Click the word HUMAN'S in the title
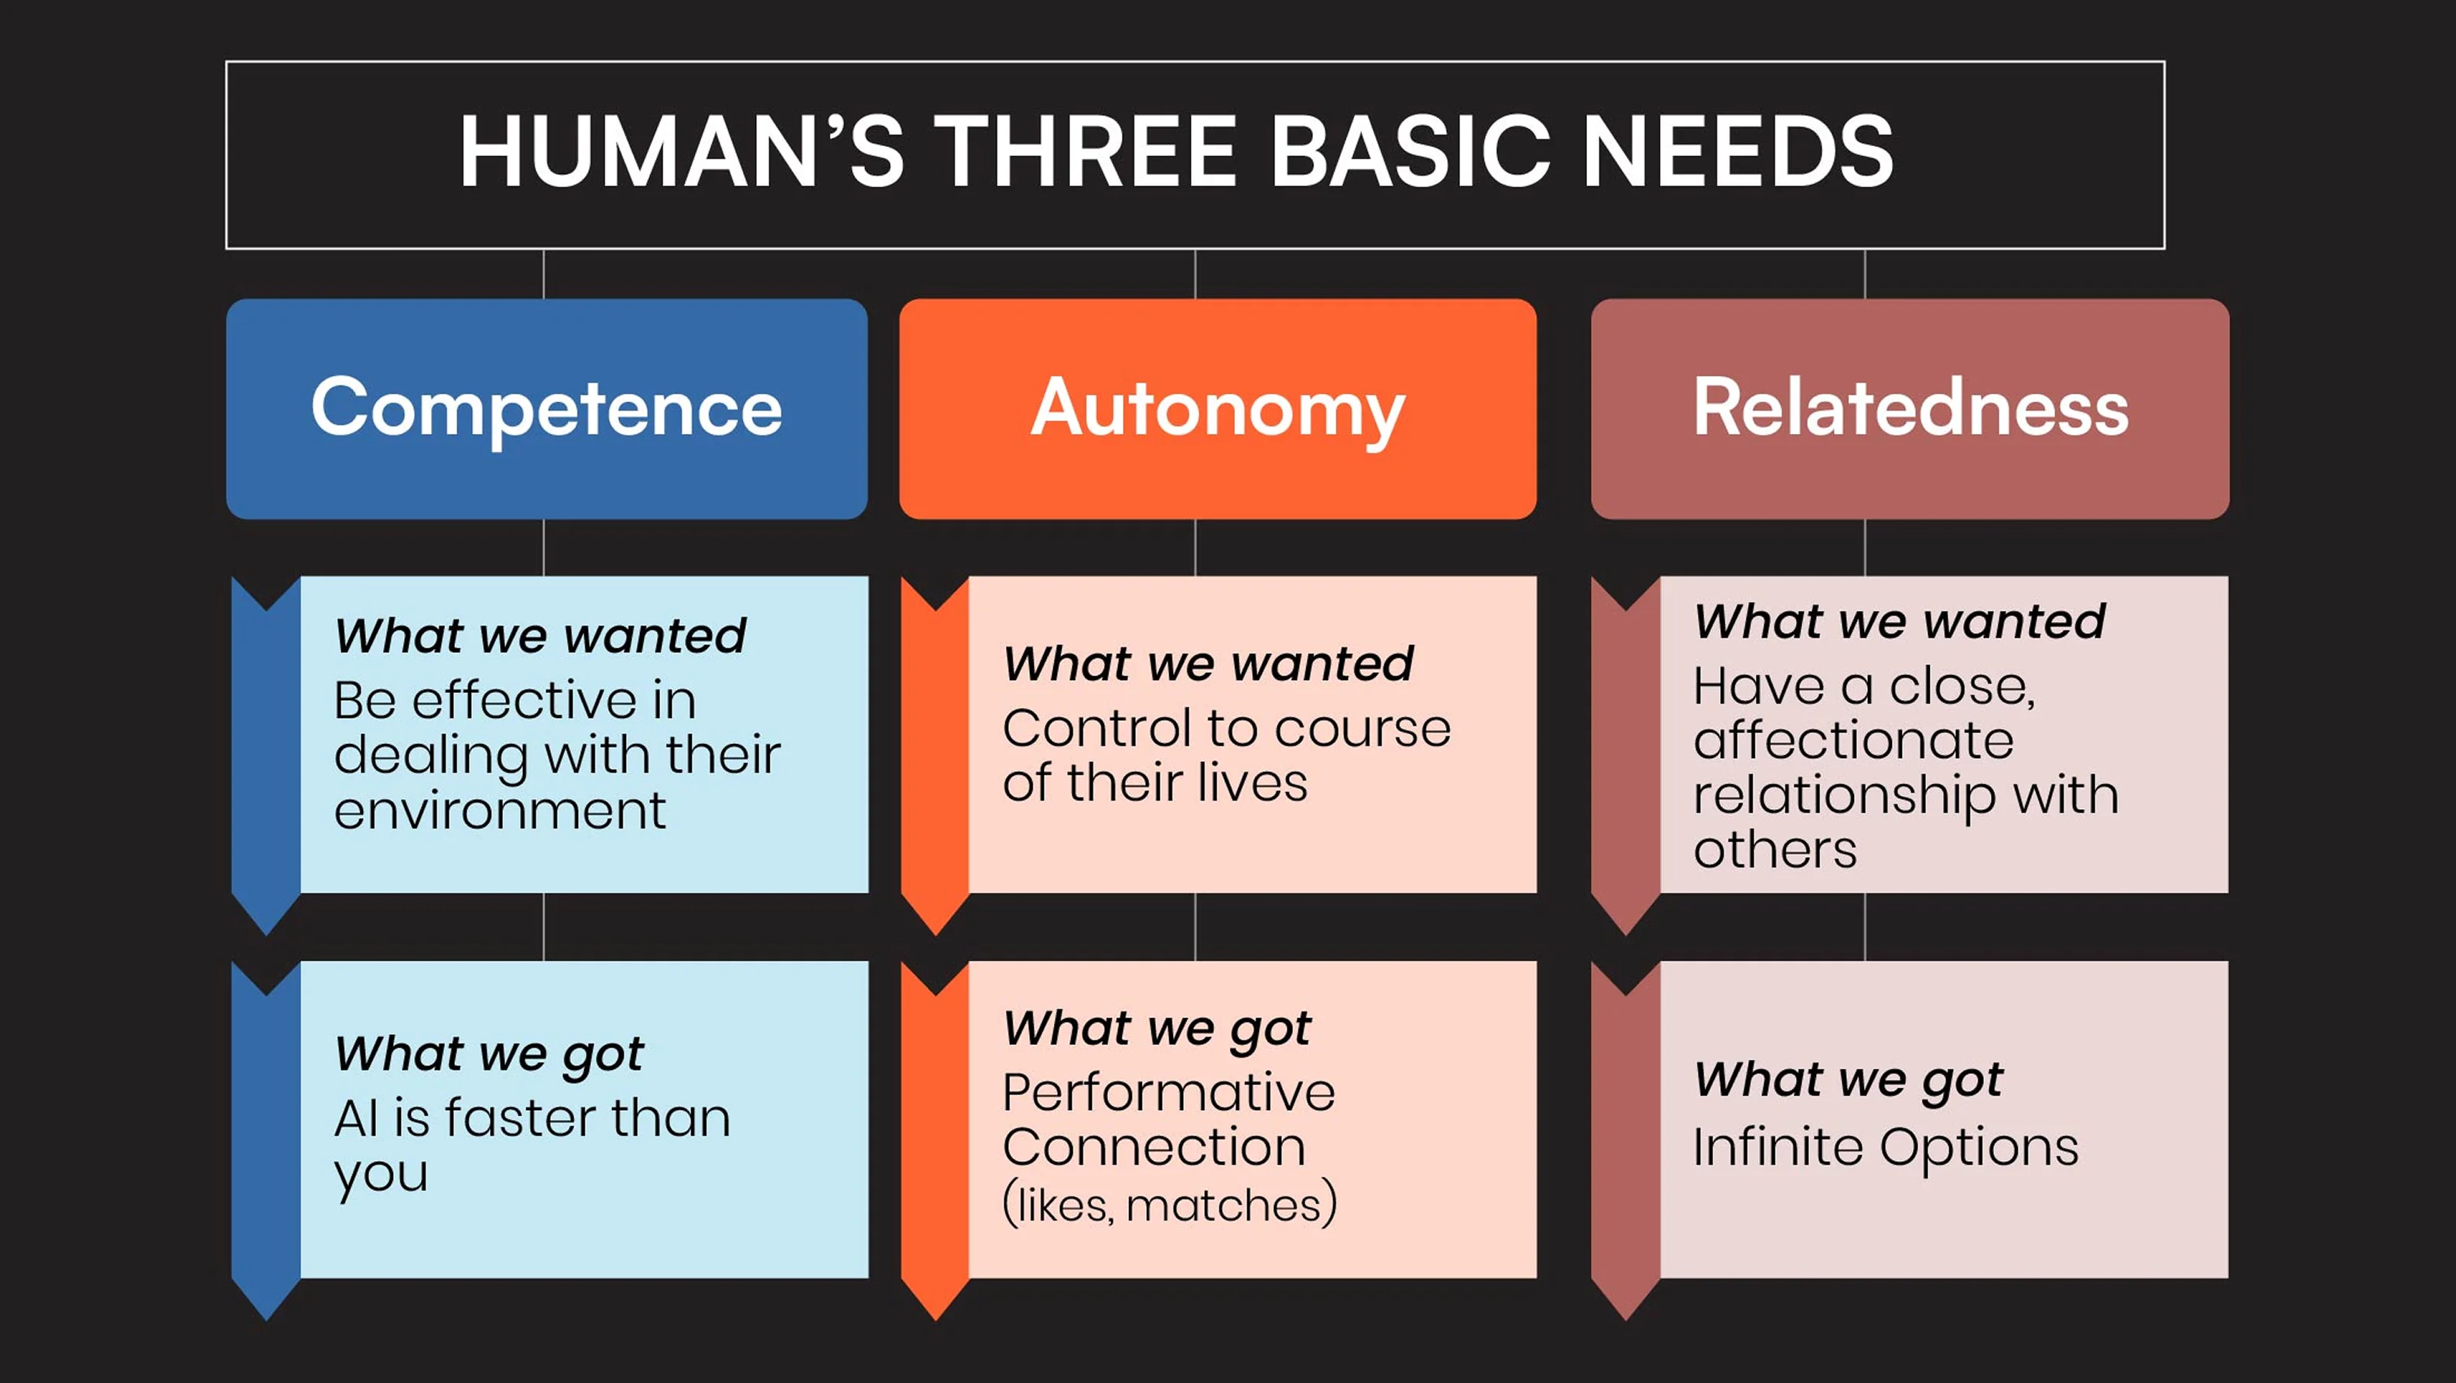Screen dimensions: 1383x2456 point(681,152)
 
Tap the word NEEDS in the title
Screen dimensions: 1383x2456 point(1737,152)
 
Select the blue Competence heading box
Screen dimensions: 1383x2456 point(546,409)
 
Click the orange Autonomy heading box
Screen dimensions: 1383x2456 point(1217,409)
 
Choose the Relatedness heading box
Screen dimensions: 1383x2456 point(1910,409)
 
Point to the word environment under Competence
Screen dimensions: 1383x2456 point(500,811)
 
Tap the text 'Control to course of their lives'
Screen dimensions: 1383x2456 point(1226,755)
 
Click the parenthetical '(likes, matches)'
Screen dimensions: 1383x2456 point(1170,1205)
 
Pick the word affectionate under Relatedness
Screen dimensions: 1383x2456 point(1853,740)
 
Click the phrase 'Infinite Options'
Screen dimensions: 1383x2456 point(1885,1146)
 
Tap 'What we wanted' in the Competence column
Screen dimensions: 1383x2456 point(541,636)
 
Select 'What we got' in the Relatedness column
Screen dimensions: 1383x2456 point(1848,1080)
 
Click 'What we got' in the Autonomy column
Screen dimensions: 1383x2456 point(1157,1029)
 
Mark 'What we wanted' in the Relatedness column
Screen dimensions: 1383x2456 point(1899,621)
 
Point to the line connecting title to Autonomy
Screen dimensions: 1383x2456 point(1196,275)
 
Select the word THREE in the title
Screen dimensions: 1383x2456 point(1085,152)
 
